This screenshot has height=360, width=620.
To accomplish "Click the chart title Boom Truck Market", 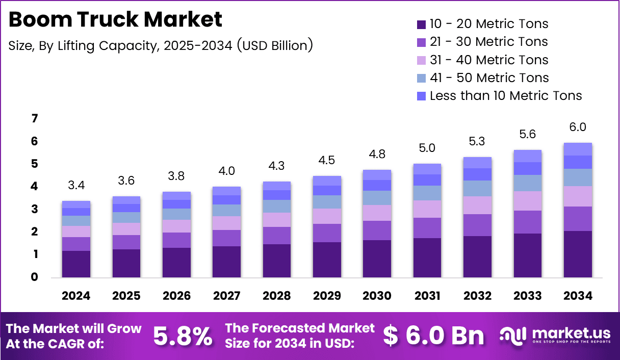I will (x=116, y=19).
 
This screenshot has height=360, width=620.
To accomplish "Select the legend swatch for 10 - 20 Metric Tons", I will (x=421, y=24).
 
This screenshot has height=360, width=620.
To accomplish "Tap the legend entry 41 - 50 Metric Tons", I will (x=489, y=78).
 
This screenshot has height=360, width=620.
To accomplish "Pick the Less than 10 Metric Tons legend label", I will (x=506, y=95).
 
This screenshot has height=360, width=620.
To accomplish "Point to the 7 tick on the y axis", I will (x=35, y=119).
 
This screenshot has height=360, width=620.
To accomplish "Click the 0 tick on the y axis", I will (x=35, y=277).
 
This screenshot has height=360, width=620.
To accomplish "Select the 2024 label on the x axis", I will (x=76, y=296).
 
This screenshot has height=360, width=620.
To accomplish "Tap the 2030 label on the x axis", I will (x=377, y=296).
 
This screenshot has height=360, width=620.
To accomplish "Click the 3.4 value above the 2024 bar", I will (x=76, y=185).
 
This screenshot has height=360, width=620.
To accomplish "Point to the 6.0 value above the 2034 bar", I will (x=578, y=127).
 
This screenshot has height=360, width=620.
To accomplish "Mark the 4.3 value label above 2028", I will (x=277, y=166).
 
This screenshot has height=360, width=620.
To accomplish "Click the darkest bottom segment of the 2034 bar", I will (x=578, y=254).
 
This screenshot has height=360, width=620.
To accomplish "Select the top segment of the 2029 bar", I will (x=327, y=181).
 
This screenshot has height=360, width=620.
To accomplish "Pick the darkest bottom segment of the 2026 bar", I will (x=176, y=263).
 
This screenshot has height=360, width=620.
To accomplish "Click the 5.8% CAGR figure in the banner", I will (x=183, y=336).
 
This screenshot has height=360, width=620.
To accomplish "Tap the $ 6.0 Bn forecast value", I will (x=433, y=336).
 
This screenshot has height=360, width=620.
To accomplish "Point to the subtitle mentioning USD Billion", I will (x=161, y=45).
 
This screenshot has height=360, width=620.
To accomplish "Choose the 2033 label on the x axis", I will (x=527, y=296).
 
